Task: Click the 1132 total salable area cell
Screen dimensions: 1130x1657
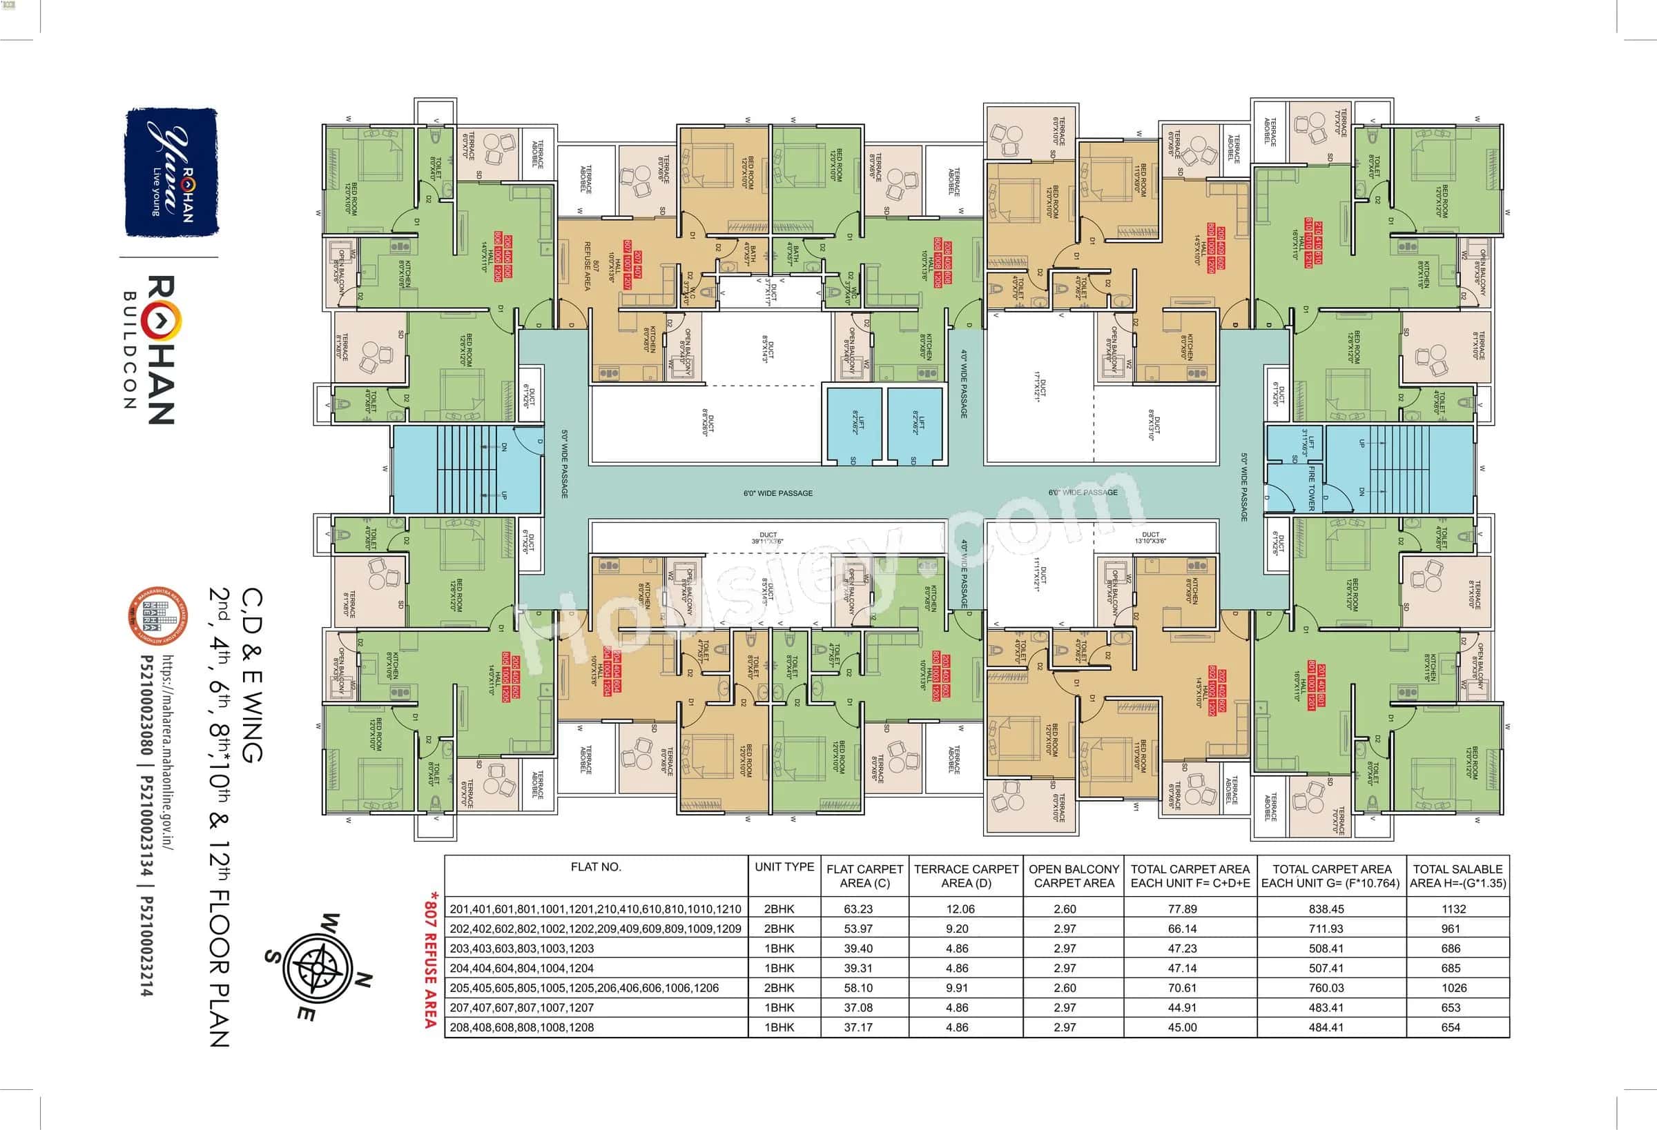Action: pyautogui.click(x=1453, y=909)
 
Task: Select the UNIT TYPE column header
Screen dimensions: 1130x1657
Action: pyautogui.click(x=784, y=867)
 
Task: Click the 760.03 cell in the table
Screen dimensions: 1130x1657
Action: pyautogui.click(x=1326, y=988)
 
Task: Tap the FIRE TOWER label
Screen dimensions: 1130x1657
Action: pyautogui.click(x=1311, y=488)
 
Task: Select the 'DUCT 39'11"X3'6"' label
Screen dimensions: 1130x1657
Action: pyautogui.click(x=768, y=538)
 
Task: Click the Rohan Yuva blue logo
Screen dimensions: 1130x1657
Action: pyautogui.click(x=171, y=172)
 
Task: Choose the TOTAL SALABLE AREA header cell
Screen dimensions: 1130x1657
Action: pyautogui.click(x=1457, y=875)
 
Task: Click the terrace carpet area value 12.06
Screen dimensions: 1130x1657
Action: pyautogui.click(x=960, y=909)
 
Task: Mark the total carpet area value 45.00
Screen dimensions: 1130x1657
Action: pyautogui.click(x=1182, y=1027)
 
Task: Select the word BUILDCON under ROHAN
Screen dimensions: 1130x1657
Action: pyautogui.click(x=130, y=350)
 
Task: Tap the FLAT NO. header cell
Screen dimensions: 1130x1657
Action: pyautogui.click(x=596, y=867)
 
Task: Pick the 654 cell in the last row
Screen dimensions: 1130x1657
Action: pyautogui.click(x=1451, y=1027)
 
